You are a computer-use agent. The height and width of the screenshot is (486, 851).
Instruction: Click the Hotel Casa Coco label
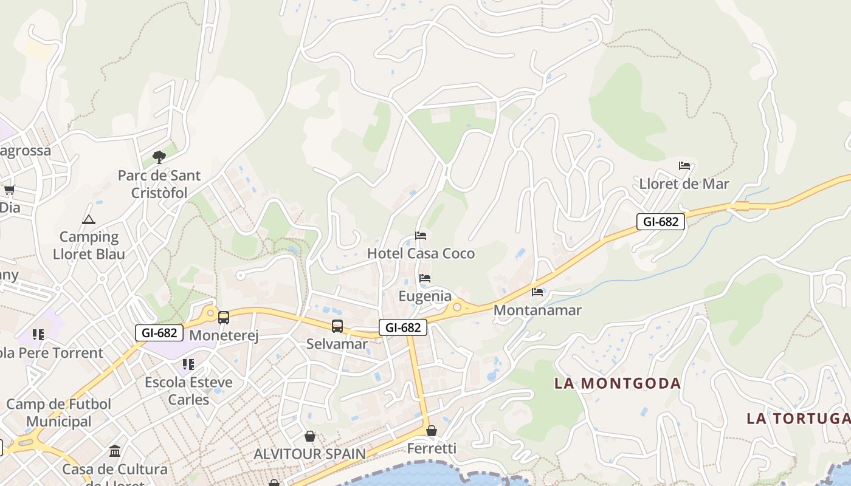coord(421,253)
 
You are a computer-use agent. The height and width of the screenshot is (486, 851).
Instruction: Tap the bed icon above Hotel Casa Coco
coord(421,236)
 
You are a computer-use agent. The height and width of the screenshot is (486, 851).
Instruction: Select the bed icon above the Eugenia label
coord(425,278)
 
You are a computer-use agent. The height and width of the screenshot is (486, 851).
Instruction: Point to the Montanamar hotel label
coord(537,310)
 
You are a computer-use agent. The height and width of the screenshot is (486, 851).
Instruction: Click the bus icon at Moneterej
coord(224,317)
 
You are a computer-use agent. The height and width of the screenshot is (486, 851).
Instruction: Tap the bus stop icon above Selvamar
coord(337,326)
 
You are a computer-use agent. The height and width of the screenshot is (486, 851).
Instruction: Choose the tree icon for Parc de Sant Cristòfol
coord(159,157)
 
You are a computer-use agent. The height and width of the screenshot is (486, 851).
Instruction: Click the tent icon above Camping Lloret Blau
coord(89,219)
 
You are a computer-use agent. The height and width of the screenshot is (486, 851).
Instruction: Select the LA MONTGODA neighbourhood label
coord(618,383)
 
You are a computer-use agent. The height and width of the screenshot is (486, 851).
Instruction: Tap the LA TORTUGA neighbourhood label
coord(798,418)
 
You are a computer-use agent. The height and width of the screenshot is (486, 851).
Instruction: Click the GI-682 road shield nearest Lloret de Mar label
coord(661,222)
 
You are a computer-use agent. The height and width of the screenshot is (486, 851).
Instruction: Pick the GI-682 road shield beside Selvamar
coord(403,327)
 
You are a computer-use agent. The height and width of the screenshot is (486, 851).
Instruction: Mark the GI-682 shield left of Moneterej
coord(159,332)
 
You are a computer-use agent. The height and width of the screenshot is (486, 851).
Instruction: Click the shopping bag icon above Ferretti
coord(431,431)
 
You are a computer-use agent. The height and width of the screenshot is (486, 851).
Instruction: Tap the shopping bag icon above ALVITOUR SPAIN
coord(310,436)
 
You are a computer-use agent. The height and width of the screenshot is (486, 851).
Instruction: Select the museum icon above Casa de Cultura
coord(115,451)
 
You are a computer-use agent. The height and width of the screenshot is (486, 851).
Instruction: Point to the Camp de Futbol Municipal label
coord(59,412)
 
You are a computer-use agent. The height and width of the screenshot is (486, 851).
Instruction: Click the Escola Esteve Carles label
coord(188,391)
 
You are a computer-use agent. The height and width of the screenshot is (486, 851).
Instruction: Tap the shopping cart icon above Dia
coord(9,190)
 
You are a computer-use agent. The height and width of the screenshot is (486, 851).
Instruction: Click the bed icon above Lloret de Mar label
coord(684,166)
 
